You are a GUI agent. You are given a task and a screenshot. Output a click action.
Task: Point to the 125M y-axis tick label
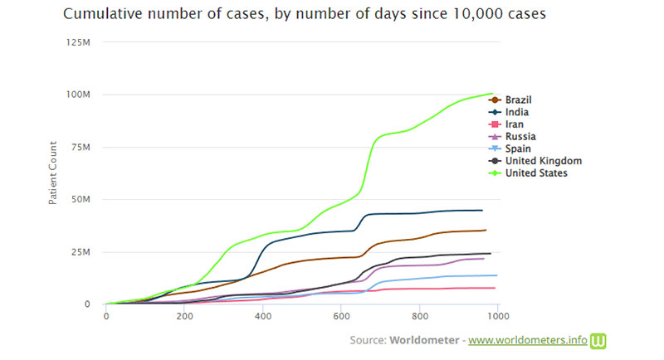79,41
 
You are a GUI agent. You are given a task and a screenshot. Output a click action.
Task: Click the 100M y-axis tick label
79,94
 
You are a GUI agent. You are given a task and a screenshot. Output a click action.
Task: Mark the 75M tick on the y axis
81,147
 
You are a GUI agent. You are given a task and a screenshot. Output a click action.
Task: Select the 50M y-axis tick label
81,199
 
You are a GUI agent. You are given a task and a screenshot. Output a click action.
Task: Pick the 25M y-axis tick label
81,251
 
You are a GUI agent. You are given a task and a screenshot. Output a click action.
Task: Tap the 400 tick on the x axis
263,316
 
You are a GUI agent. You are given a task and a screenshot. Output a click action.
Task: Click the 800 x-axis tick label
420,316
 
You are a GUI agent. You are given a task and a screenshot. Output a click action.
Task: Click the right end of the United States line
493,94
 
